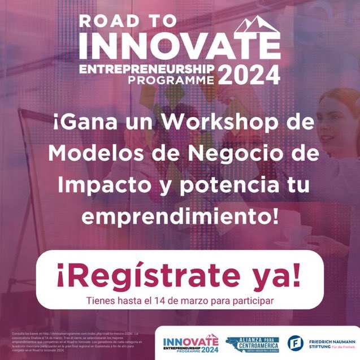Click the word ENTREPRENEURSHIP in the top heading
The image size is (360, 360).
coord(147,68)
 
